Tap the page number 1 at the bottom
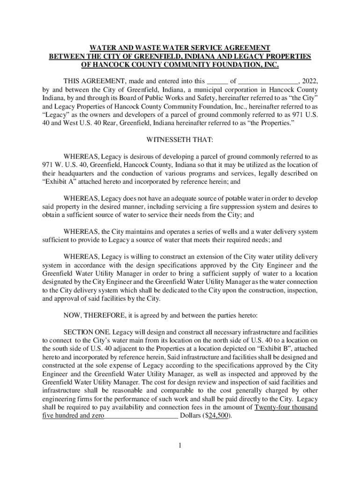[180, 445]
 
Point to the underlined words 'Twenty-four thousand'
[286, 407]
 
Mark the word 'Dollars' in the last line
[191, 415]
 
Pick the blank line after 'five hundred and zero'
[141, 415]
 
